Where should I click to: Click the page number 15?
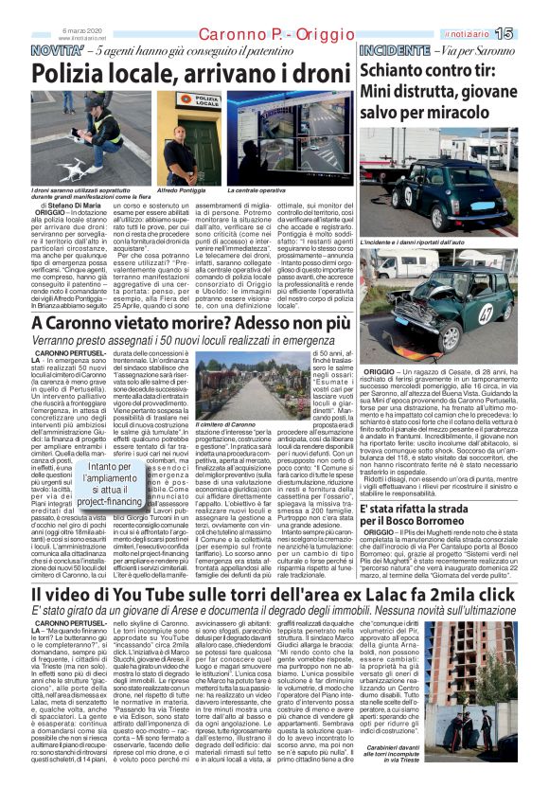530,33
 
